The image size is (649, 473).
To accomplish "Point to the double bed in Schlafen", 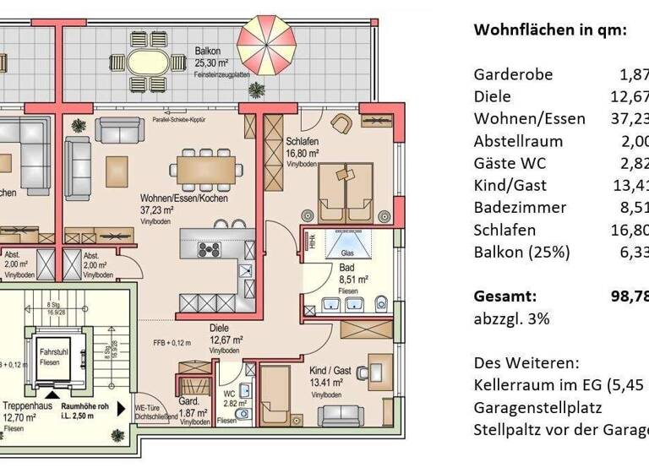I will (346, 193).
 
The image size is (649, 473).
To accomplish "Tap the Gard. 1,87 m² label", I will (188, 406).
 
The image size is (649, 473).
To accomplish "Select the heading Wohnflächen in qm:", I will (550, 29).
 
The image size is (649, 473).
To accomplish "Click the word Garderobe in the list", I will (513, 74).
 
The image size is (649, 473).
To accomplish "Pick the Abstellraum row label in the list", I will (518, 141).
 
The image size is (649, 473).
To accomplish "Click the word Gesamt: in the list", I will (505, 296).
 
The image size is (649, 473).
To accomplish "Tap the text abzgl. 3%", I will (512, 319).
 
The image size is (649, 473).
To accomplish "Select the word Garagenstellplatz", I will (537, 408).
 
